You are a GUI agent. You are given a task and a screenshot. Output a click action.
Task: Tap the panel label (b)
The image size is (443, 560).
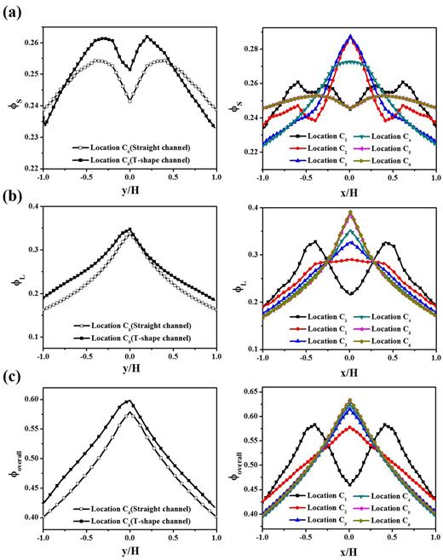click(13, 199)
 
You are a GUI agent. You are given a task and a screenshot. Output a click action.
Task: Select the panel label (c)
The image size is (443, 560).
click(13, 380)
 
